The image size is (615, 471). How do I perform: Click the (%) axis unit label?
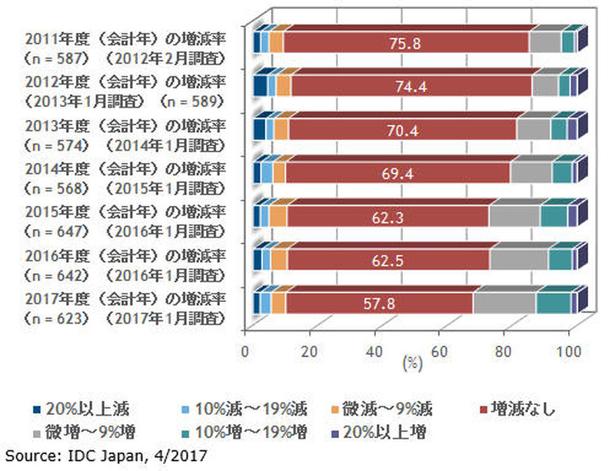click(408, 362)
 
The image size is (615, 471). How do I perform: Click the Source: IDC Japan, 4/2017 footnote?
click(105, 456)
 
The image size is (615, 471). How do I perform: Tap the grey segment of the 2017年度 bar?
click(504, 303)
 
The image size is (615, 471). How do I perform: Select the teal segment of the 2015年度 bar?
click(553, 217)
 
